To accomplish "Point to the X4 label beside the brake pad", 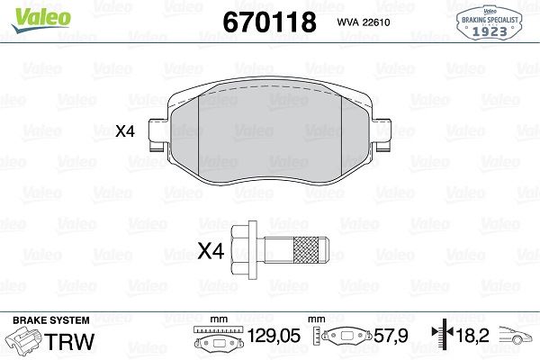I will coord(125,131).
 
